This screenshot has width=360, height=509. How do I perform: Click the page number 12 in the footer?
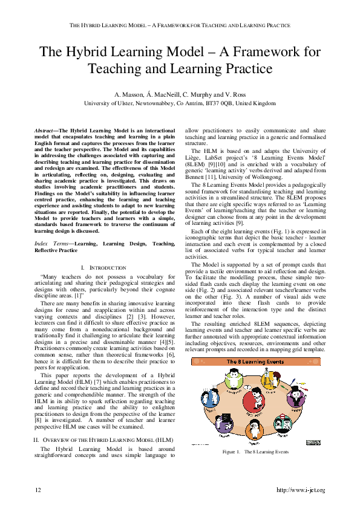pyautogui.click(x=38, y=489)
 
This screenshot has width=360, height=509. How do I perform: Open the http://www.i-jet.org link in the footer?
pyautogui.click(x=300, y=489)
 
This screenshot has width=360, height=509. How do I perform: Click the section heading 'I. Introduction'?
pyautogui.click(x=103, y=267)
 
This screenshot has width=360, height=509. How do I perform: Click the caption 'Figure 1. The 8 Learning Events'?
pyautogui.click(x=255, y=452)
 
